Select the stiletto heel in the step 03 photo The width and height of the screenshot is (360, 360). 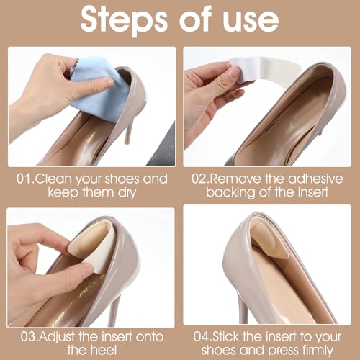(112, 310)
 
